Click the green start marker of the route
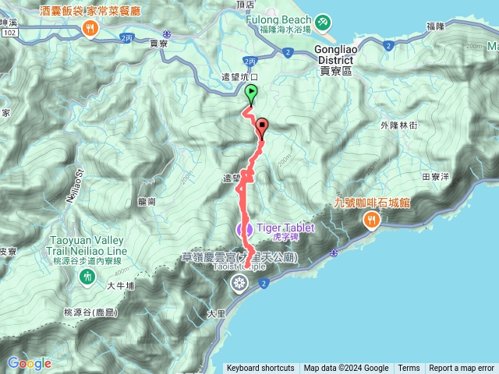(251, 94)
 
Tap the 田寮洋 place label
(436, 177)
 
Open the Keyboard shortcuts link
(260, 369)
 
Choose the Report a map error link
(462, 369)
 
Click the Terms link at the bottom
(409, 369)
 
